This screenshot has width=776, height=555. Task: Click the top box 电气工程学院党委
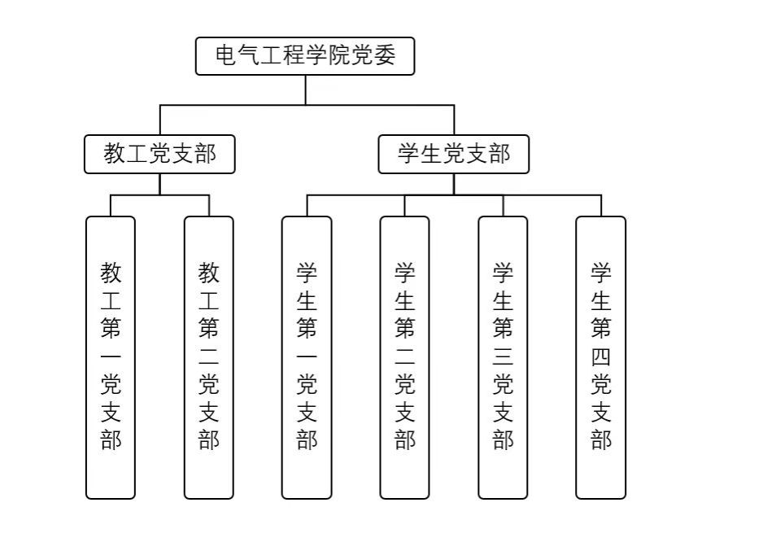pyautogui.click(x=305, y=56)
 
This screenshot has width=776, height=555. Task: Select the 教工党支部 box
pyautogui.click(x=159, y=154)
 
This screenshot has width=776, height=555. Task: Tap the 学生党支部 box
pyautogui.click(x=453, y=154)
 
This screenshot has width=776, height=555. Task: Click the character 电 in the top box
pyautogui.click(x=225, y=56)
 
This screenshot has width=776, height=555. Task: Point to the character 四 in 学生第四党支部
pyautogui.click(x=601, y=356)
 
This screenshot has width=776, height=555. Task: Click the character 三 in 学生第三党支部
pyautogui.click(x=503, y=356)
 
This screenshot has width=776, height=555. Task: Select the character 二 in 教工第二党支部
pyautogui.click(x=209, y=356)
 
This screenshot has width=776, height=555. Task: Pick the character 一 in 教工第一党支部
pyautogui.click(x=111, y=356)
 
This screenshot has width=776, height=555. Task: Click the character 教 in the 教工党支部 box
pyautogui.click(x=115, y=154)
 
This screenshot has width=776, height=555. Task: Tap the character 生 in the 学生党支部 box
pyautogui.click(x=431, y=154)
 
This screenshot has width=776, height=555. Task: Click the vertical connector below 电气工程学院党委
pyautogui.click(x=305, y=90)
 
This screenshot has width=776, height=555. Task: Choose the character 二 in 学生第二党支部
pyautogui.click(x=404, y=356)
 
